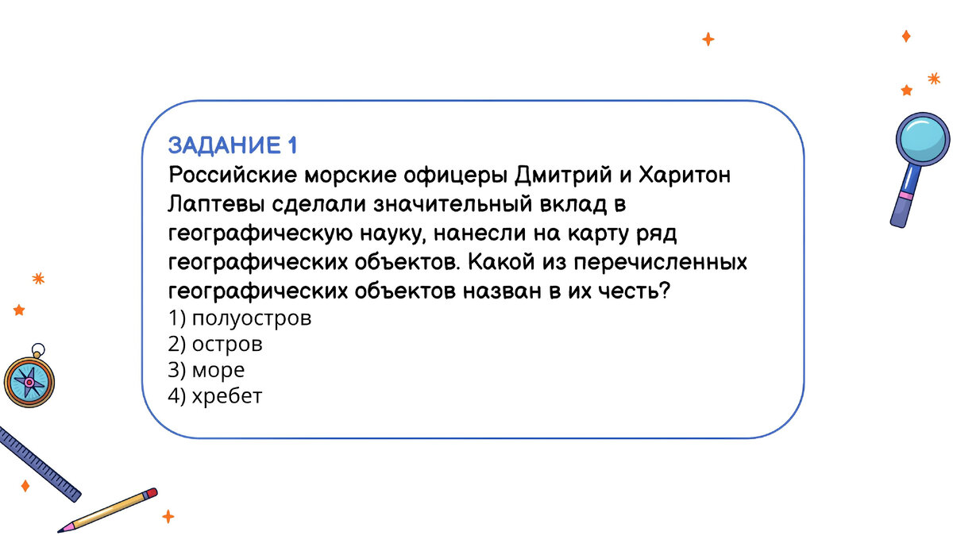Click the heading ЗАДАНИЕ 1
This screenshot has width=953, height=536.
[x=233, y=145]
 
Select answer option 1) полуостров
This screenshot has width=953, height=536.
[x=239, y=319]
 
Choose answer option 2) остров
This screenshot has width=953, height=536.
[x=215, y=345]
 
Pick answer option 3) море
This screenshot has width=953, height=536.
[x=206, y=370]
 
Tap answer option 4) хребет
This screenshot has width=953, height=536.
[x=214, y=395]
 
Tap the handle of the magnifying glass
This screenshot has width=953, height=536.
[x=902, y=202]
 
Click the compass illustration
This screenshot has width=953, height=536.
[x=29, y=382]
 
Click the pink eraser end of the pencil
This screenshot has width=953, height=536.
[x=151, y=494]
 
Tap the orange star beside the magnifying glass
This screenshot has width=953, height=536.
[x=906, y=90]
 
